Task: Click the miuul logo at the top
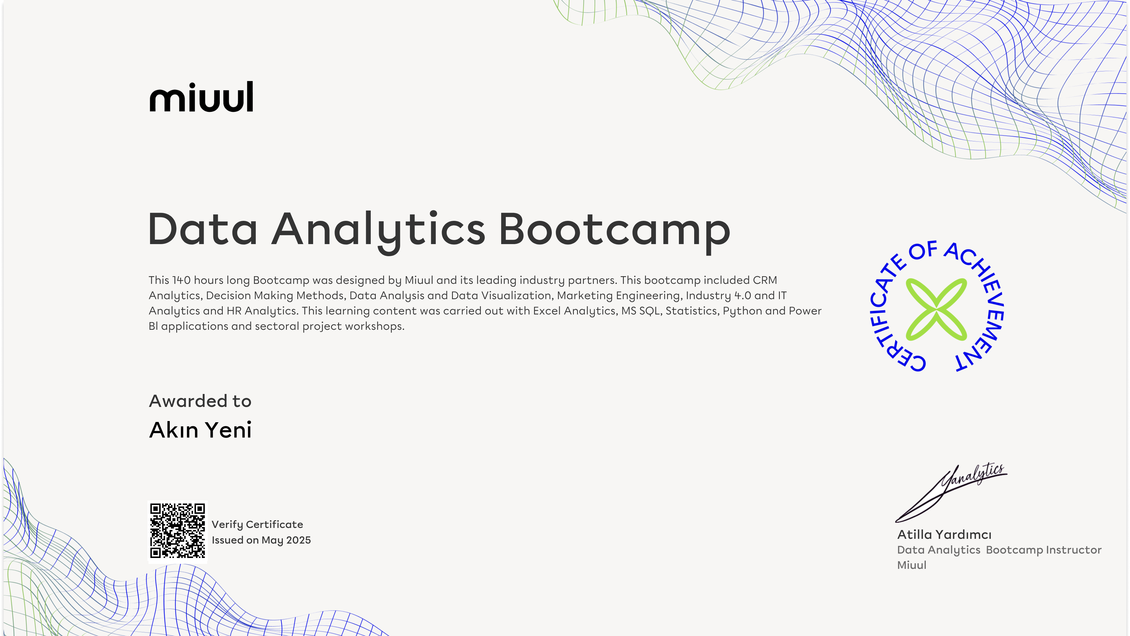pos(201,97)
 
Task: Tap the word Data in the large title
pos(203,229)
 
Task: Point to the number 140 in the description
pos(181,280)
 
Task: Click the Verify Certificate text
pos(257,524)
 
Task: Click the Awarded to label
pos(200,401)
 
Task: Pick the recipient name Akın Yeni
pos(200,430)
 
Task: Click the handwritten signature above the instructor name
pos(951,492)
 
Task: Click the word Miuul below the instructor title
pos(912,565)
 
